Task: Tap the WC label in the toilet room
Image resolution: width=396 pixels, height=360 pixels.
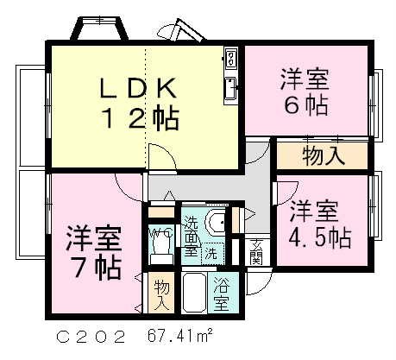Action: pos(160,232)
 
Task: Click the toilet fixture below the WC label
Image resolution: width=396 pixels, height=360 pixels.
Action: pos(160,252)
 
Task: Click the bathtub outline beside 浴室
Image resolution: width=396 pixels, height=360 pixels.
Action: pos(194,294)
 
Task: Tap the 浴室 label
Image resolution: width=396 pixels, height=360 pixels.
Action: pos(222,293)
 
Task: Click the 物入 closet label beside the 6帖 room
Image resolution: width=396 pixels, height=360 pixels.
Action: pos(324,156)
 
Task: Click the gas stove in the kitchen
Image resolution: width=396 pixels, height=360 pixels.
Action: pos(231,60)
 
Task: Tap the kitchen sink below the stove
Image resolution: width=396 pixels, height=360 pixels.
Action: pos(231,87)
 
